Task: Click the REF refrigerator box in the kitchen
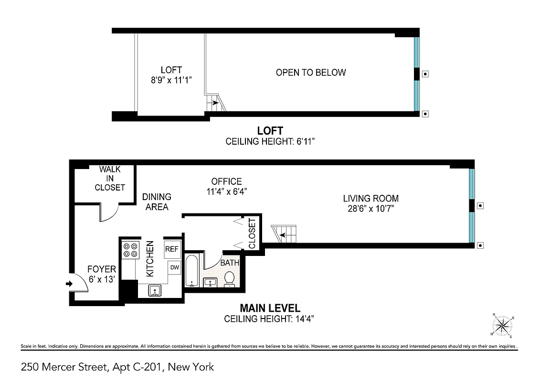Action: (171, 249)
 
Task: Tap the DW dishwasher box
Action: (175, 267)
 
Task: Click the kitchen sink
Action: (155, 290)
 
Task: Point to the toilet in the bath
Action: (229, 279)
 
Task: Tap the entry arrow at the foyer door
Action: (69, 284)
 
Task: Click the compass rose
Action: (502, 326)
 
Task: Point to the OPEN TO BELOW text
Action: (311, 73)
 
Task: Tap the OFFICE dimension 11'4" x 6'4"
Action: (226, 191)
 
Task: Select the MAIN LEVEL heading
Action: (270, 308)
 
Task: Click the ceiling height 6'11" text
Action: (270, 141)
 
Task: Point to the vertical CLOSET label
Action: (253, 233)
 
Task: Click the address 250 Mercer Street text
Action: (117, 367)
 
